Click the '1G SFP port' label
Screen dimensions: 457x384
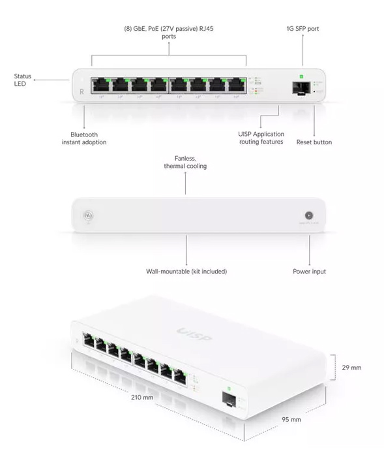(303, 29)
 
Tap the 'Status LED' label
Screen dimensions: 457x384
(22, 80)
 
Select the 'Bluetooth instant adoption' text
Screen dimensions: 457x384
(84, 138)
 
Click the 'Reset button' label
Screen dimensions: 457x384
(314, 142)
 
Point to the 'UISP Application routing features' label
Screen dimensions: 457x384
(261, 138)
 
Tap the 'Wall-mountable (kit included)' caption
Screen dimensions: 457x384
(186, 271)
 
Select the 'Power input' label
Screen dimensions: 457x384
(309, 271)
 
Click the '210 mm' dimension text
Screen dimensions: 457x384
(143, 396)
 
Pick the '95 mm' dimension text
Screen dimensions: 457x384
(291, 419)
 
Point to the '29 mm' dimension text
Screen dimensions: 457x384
(351, 368)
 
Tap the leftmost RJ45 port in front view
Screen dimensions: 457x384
(101, 85)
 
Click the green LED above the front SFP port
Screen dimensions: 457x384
(302, 72)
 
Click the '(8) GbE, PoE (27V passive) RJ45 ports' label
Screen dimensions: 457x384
(169, 33)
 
